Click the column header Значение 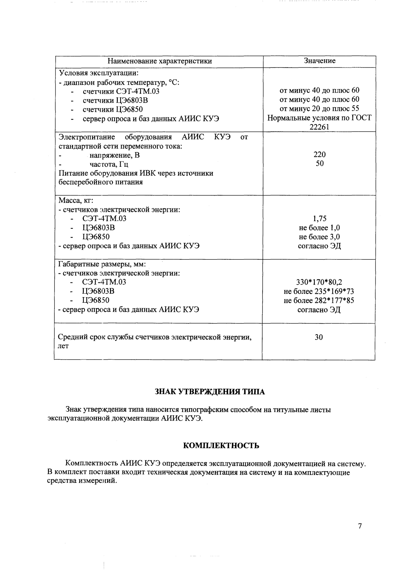pos(319,61)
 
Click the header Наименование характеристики pos(160,61)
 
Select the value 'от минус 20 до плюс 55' pos(319,109)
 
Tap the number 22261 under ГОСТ pos(319,127)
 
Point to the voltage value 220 pos(319,154)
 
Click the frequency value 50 pos(319,163)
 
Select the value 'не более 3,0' pos(319,237)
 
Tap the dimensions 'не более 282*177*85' pos(319,300)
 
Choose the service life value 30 pos(319,337)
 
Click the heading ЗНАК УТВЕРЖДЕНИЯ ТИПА pos(210,392)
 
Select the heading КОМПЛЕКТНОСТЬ pos(221,446)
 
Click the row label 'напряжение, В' pos(115,155)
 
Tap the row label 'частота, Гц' pos(109,164)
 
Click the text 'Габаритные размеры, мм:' pos(102,264)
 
